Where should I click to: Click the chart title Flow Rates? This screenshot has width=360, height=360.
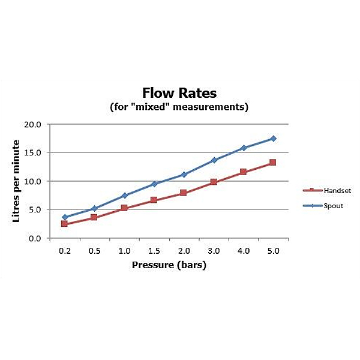(179, 93)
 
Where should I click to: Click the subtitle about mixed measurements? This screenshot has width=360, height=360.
(179, 107)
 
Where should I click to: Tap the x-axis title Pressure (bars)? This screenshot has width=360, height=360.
(169, 265)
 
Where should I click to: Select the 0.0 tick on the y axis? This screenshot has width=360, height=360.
(34, 238)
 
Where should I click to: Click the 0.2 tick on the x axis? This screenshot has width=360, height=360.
(64, 250)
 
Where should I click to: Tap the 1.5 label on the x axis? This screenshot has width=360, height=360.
(154, 250)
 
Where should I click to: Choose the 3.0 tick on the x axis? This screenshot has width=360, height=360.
(214, 250)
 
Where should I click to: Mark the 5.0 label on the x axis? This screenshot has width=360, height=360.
(273, 250)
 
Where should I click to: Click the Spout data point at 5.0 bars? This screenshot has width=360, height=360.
(273, 139)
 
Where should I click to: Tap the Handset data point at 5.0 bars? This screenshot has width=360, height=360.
(273, 163)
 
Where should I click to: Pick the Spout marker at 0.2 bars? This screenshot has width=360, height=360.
(64, 217)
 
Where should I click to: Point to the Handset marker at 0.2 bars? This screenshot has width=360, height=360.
(64, 224)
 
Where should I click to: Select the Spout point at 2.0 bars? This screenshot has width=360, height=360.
(184, 175)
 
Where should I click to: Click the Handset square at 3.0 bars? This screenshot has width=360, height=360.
(214, 182)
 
